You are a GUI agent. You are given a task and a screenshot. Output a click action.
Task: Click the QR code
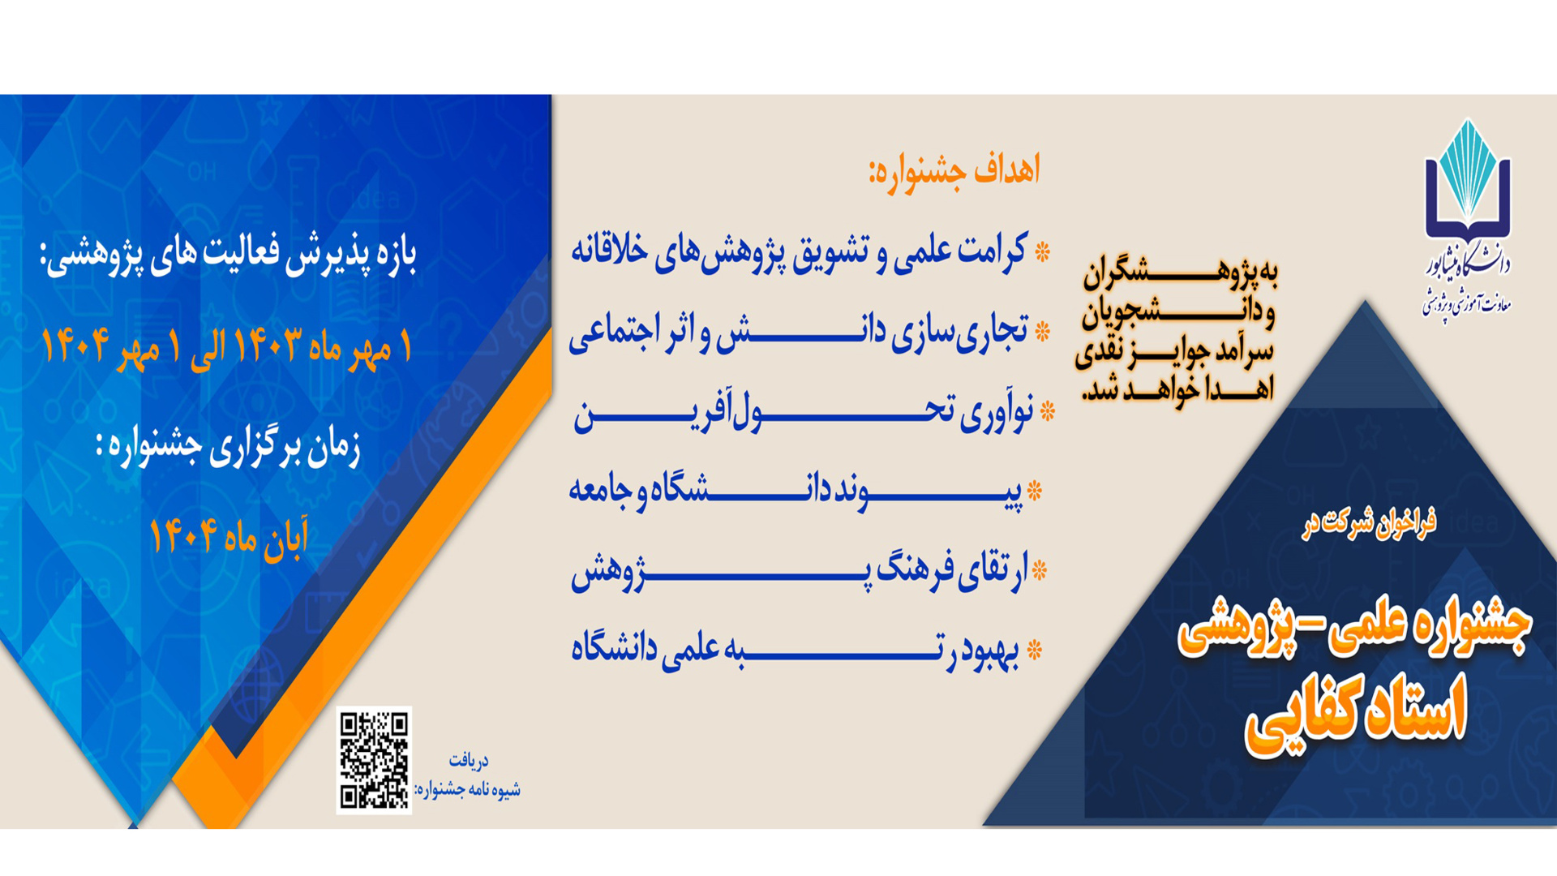pos(374,760)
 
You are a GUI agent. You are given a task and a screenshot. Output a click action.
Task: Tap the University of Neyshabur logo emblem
pos(1467,180)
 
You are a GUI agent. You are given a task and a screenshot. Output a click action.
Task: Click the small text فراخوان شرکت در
pos(1369,522)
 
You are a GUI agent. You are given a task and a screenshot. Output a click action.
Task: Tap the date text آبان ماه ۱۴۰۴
pos(229,536)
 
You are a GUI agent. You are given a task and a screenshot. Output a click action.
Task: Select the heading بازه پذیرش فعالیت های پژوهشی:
pos(228,254)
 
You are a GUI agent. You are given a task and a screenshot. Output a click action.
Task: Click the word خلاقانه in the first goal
pos(610,251)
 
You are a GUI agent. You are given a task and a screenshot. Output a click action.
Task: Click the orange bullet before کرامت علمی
pos(1043,252)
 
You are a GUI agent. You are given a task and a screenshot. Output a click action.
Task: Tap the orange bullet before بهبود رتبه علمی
pos(1034,651)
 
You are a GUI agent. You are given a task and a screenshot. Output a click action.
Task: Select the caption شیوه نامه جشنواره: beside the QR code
pos(467,789)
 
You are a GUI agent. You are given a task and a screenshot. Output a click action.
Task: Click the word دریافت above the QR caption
pos(469,761)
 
